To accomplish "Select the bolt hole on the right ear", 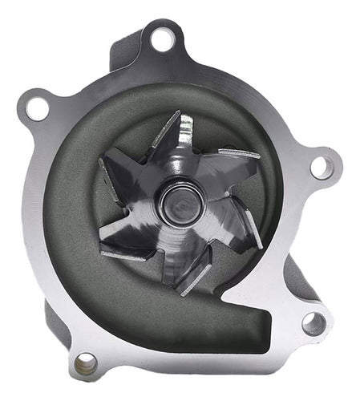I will point(322,166).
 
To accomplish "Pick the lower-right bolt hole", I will point(313,322).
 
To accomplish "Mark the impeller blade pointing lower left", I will point(128,245).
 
